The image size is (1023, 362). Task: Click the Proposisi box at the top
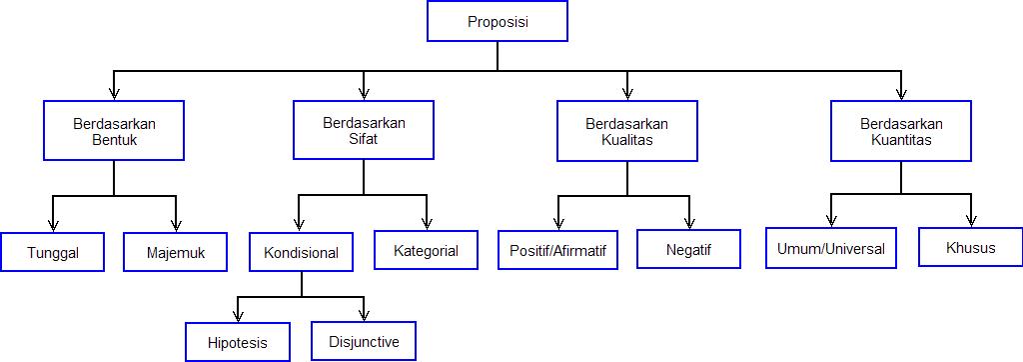[498, 21]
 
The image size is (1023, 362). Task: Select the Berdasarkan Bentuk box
[113, 131]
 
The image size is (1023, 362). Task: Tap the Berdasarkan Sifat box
[364, 130]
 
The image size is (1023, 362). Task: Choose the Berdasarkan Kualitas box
[626, 131]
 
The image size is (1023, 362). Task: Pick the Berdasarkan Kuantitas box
[901, 131]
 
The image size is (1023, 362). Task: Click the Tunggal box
[53, 253]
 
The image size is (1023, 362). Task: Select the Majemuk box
[175, 253]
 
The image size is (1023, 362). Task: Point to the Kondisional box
[301, 253]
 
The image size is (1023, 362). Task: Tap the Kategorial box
[426, 250]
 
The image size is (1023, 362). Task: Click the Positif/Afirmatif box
[557, 250]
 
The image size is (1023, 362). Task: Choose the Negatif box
[688, 250]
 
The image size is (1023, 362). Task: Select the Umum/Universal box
[831, 248]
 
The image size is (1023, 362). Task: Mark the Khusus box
[970, 248]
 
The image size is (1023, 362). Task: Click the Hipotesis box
[238, 342]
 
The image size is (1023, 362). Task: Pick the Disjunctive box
[364, 341]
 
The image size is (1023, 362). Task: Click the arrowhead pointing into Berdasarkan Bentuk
[113, 93]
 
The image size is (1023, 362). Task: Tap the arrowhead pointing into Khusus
[970, 222]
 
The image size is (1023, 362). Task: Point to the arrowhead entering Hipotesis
[238, 315]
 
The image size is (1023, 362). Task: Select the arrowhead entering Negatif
[688, 223]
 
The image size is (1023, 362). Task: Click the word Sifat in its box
[364, 139]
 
